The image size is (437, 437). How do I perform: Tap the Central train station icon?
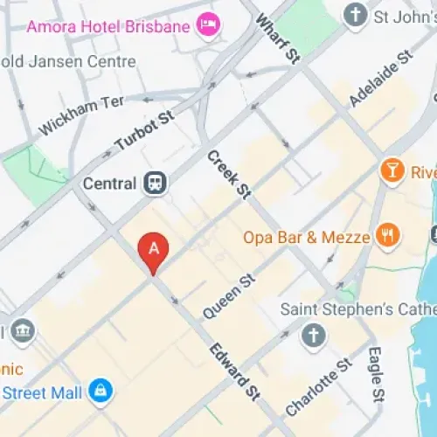pos(156,184)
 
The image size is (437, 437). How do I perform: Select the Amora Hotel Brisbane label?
pos(108,26)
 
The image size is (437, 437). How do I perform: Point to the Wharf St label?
pos(278,38)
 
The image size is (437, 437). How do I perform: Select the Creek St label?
pos(229,173)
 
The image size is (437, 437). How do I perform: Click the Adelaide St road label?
pos(380,80)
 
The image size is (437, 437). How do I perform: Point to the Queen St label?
pos(228,295)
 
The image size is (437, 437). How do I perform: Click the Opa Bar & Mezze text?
pos(307,236)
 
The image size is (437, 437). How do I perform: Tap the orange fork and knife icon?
pos(388,234)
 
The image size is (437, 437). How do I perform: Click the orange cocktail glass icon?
pos(391,170)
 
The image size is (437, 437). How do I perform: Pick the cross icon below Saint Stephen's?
pos(313,335)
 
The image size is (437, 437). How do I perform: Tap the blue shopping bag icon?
pos(101,390)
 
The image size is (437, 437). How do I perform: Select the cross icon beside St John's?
pos(355,15)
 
